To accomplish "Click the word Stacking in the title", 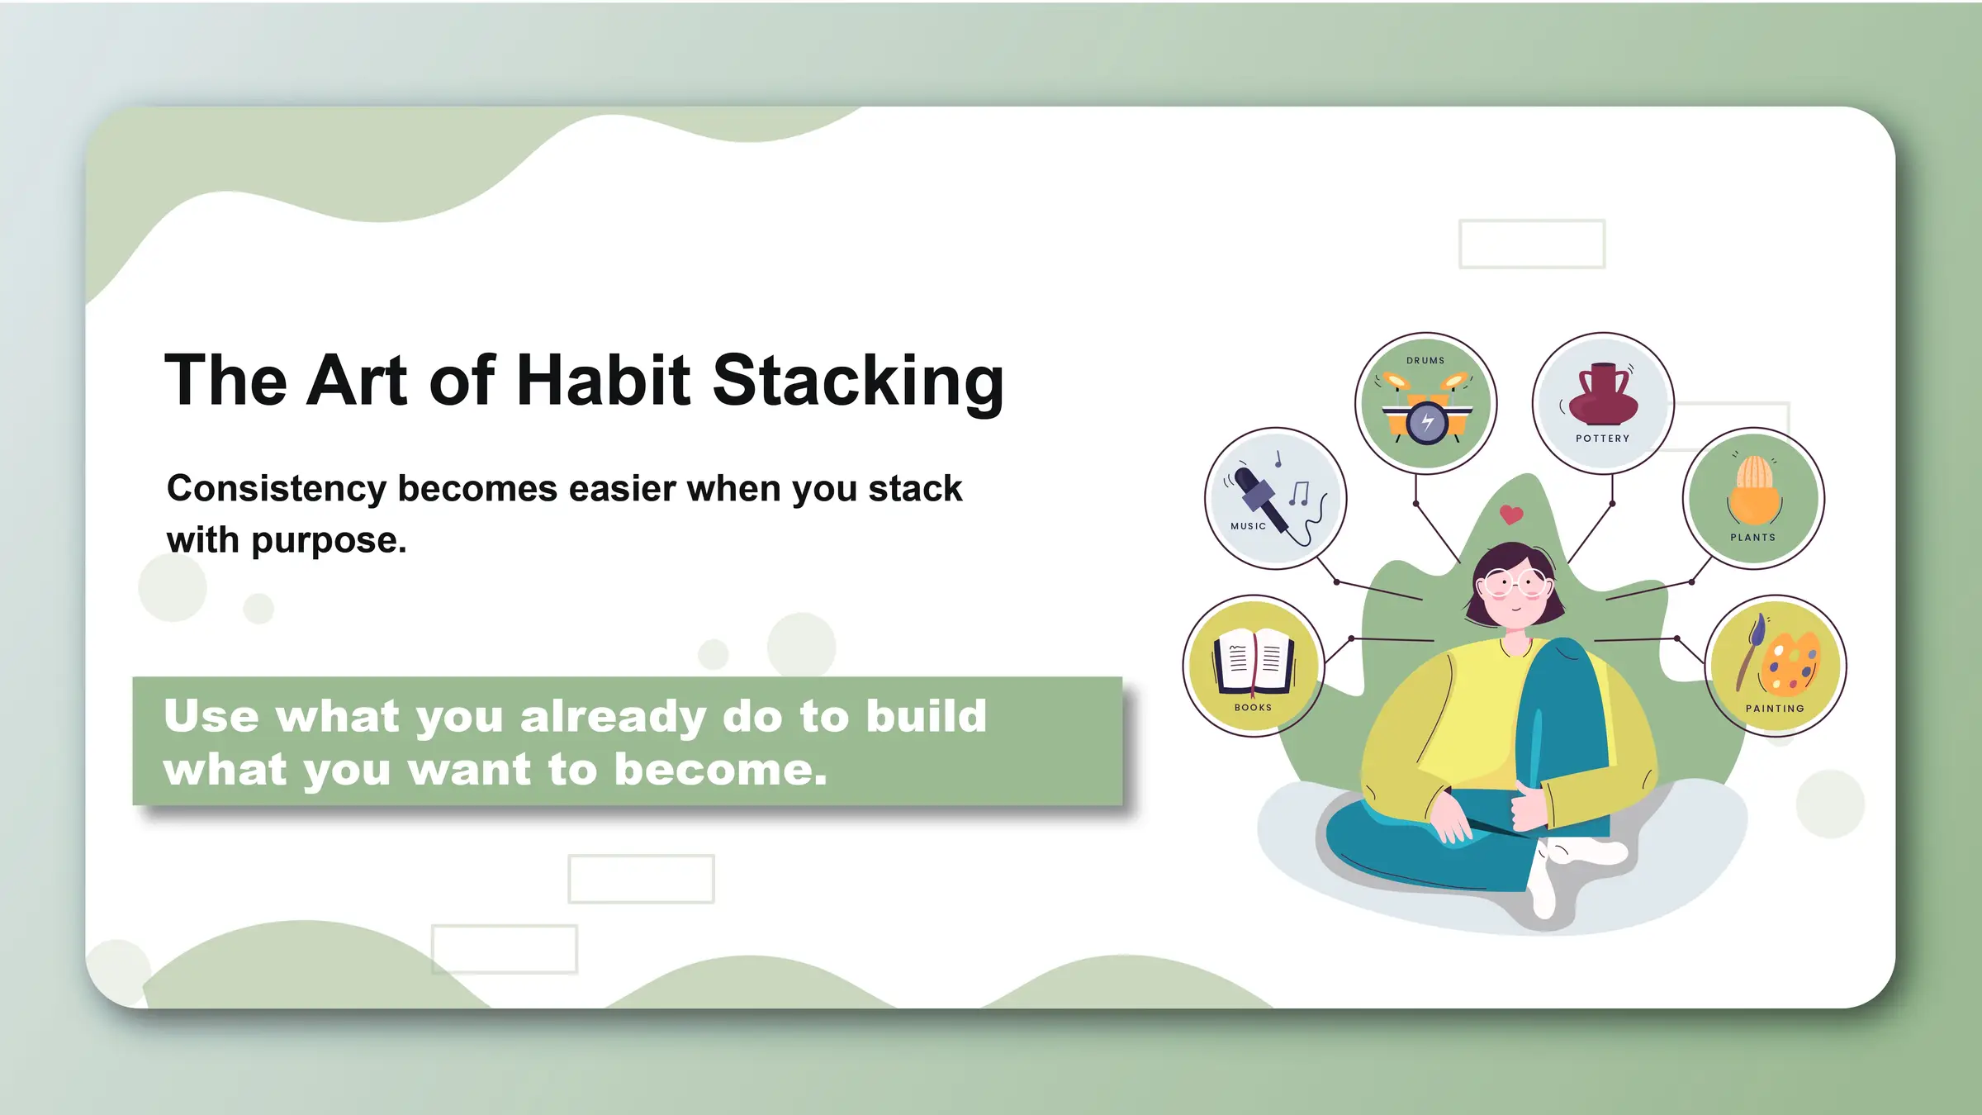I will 859,382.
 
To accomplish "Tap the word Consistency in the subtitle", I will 276,489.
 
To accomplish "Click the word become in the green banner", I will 720,770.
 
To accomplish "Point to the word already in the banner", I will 612,716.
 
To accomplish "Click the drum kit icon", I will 1426,411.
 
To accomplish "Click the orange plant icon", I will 1753,491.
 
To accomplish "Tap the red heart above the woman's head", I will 1511,515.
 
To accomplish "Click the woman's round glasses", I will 1515,583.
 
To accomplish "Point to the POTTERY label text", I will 1602,439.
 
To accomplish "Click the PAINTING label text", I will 1775,709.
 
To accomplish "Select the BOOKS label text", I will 1253,708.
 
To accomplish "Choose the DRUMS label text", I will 1425,361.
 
